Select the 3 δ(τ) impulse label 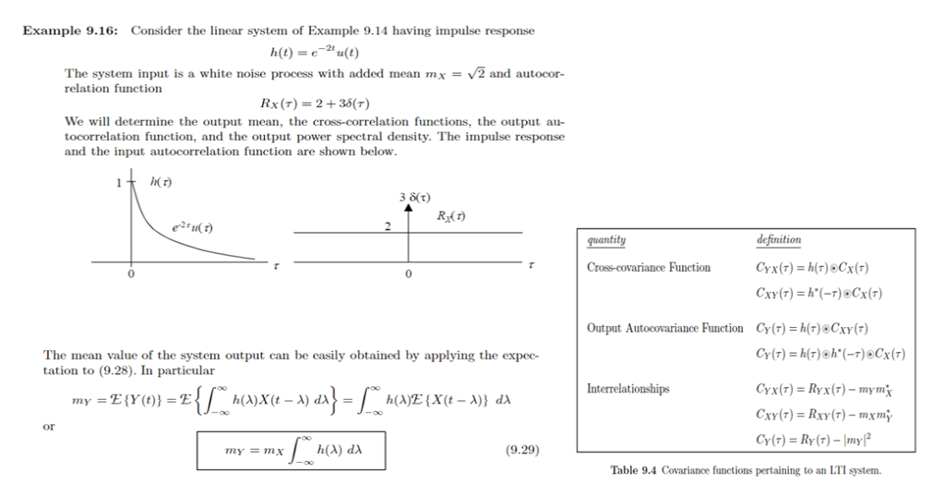tap(414, 197)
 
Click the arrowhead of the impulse tap(408, 210)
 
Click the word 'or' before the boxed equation tap(50, 427)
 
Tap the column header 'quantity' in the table tap(606, 240)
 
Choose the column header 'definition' tap(778, 240)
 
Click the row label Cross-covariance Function tap(649, 268)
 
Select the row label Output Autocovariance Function tap(664, 328)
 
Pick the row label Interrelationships tap(627, 389)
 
